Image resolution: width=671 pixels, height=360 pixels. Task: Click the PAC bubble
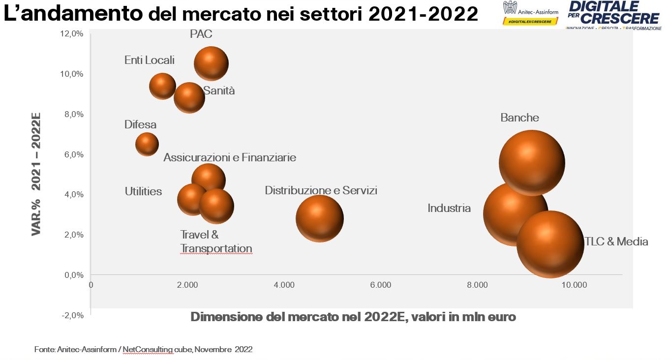[211, 63]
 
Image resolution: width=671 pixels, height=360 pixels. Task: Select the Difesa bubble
[147, 144]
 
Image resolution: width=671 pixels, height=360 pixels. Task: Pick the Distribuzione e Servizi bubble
[319, 218]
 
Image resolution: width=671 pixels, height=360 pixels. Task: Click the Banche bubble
[532, 163]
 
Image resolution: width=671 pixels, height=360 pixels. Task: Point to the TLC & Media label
[616, 241]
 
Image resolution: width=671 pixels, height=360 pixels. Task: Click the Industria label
[449, 208]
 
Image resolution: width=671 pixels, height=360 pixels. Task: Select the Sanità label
[219, 91]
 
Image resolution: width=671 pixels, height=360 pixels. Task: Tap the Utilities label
[143, 191]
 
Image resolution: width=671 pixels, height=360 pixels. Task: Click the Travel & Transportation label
[216, 241]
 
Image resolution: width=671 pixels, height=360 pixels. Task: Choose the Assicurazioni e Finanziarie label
[230, 157]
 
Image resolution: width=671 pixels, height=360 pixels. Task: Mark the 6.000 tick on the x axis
[381, 285]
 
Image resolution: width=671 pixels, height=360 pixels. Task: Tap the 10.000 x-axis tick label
[574, 285]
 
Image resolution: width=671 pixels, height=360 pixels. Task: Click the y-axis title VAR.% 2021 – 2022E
[36, 175]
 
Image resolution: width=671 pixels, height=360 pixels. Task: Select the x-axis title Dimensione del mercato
[353, 317]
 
